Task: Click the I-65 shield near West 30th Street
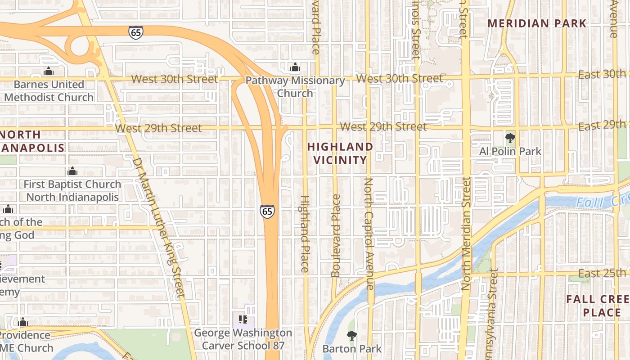point(135,32)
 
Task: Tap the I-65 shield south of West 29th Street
point(267,211)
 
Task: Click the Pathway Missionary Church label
point(295,87)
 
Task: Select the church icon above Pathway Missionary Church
point(295,67)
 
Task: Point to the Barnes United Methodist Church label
point(49,91)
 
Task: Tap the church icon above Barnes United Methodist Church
point(49,71)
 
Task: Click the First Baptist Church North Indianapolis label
point(72,191)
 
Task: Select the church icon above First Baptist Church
point(72,171)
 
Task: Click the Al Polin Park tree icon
point(510,138)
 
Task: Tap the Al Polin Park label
point(510,151)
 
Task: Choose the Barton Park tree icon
point(351,335)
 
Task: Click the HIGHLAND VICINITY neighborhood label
point(340,153)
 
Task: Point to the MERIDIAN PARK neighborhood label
point(537,23)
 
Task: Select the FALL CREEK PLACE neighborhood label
point(598,306)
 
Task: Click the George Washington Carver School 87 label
point(243,339)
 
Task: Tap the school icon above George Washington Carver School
point(243,319)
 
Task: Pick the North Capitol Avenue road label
point(369,233)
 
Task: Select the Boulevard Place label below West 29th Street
point(335,235)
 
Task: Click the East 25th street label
point(602,273)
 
